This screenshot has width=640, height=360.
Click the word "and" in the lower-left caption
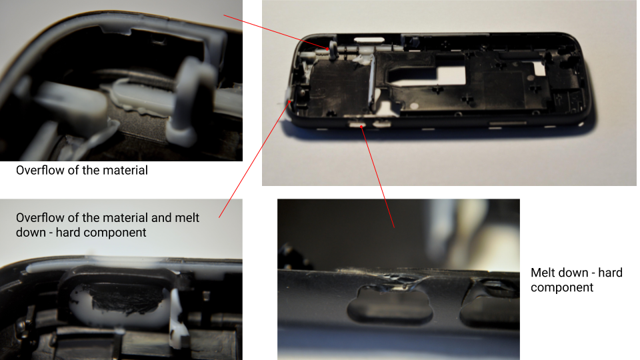pos(161,217)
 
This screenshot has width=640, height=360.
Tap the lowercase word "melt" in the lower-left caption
pos(187,217)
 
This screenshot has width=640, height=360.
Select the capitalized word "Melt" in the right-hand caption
pos(545,273)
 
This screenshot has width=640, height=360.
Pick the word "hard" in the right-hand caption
pos(610,273)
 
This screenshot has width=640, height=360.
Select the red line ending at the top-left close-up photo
pos(276,32)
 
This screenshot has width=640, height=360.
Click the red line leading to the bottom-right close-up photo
pos(378,177)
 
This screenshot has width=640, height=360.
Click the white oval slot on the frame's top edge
pos(369,39)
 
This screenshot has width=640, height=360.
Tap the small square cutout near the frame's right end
pos(539,69)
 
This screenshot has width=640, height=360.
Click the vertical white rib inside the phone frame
pos(372,81)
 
